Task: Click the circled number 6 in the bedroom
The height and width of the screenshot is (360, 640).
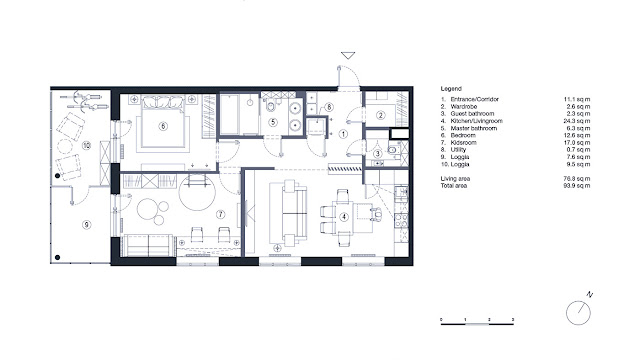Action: pyautogui.click(x=163, y=126)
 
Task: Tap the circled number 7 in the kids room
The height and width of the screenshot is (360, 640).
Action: pyautogui.click(x=220, y=214)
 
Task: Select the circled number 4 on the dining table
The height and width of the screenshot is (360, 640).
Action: pyautogui.click(x=344, y=217)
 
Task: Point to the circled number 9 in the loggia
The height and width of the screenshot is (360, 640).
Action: pyautogui.click(x=86, y=224)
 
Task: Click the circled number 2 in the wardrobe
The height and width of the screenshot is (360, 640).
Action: pyautogui.click(x=380, y=115)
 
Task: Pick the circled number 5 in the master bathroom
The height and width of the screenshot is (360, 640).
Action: pyautogui.click(x=273, y=122)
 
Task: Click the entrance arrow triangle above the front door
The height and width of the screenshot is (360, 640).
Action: pyautogui.click(x=348, y=55)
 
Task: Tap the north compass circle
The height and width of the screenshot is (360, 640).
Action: pyautogui.click(x=578, y=313)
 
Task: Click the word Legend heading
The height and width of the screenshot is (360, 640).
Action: pyautogui.click(x=451, y=89)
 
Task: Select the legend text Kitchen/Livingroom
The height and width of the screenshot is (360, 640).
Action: pyautogui.click(x=476, y=121)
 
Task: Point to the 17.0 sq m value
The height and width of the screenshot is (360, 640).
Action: pyautogui.click(x=577, y=142)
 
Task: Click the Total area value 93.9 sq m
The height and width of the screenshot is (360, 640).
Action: pyautogui.click(x=577, y=186)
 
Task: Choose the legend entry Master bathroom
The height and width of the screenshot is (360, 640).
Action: pyautogui.click(x=473, y=128)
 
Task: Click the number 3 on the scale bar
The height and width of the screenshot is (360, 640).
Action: pyautogui.click(x=513, y=320)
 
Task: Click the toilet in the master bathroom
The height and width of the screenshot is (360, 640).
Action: pyautogui.click(x=270, y=105)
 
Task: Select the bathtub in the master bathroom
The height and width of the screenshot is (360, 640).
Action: pyautogui.click(x=239, y=114)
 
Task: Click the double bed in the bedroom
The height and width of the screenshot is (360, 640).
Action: pyautogui.click(x=162, y=121)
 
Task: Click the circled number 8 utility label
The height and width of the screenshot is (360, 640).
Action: pyautogui.click(x=329, y=107)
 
